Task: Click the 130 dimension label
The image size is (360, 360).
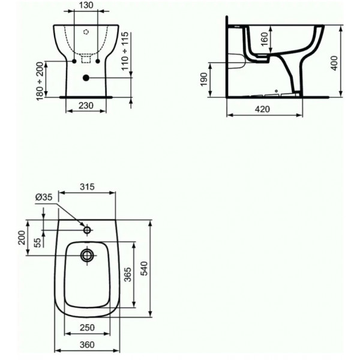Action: tap(86, 5)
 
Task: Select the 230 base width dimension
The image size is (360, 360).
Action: tap(86, 106)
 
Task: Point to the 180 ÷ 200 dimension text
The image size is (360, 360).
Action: tap(40, 81)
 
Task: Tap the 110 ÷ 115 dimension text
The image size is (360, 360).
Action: tap(125, 51)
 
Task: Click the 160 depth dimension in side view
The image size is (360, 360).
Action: tap(265, 39)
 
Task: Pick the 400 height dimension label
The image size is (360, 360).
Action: tap(334, 63)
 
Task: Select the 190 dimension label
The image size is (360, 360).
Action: tap(204, 79)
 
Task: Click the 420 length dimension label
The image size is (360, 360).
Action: tap(262, 109)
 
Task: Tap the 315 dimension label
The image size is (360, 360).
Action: tap(87, 187)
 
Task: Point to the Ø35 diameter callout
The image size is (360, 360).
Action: tap(44, 197)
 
